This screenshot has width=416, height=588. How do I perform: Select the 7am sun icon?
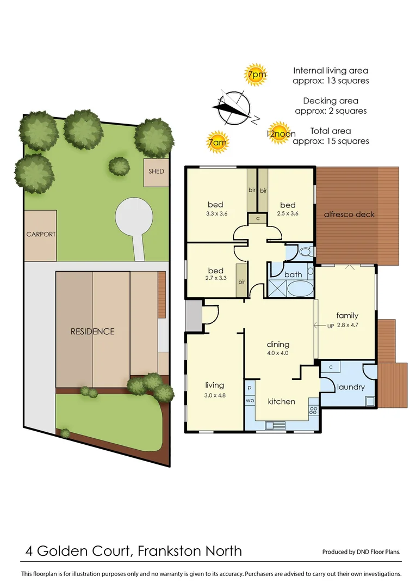coord(217,143)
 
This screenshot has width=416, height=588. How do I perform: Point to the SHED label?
coord(156,171)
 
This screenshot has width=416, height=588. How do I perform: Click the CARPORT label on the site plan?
coord(41,234)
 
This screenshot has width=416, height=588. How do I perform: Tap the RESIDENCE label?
coord(92,331)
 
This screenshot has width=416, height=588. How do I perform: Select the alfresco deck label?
coord(349,214)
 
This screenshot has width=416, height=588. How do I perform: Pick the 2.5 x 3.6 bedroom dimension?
coord(288,213)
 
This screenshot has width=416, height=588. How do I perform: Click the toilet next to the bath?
coord(305,252)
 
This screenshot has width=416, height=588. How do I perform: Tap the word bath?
coord(293,274)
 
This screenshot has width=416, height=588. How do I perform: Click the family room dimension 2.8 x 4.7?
coord(347,324)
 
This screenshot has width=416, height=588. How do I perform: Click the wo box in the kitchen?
coord(250,400)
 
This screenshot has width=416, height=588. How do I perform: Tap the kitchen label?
coord(282,401)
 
